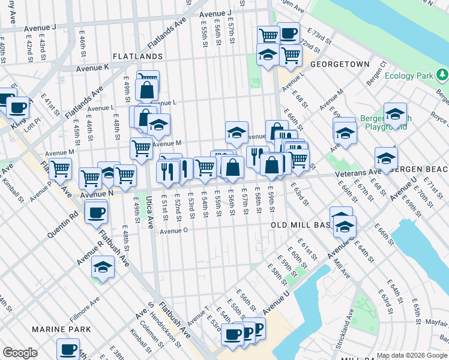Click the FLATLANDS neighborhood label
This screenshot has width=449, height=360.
pos(137,56)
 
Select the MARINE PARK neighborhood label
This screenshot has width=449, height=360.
pos(61,329)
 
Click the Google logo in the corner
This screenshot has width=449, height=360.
pos(20,353)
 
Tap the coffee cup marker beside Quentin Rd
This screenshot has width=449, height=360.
pos(96,211)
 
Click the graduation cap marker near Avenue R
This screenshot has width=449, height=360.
pos(103,266)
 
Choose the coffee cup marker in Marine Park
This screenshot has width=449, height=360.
pos(68,349)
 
